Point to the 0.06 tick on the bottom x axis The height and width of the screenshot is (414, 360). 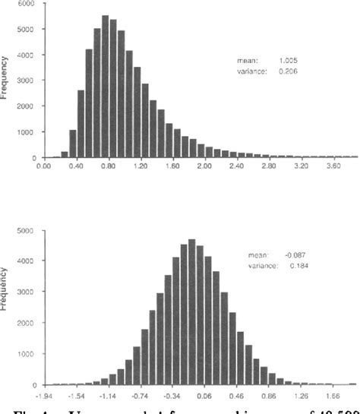click(217, 394)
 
